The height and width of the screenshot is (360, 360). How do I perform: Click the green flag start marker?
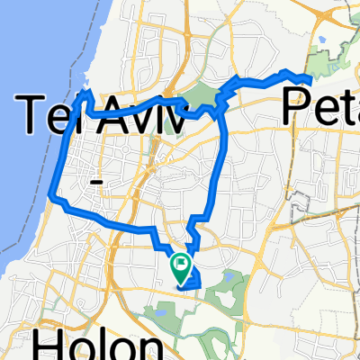[181, 266]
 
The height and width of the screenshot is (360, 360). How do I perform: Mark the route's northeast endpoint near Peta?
[310, 78]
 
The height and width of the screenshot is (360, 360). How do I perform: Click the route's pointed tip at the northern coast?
[87, 93]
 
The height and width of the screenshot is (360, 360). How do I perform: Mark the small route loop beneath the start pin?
[190, 281]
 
